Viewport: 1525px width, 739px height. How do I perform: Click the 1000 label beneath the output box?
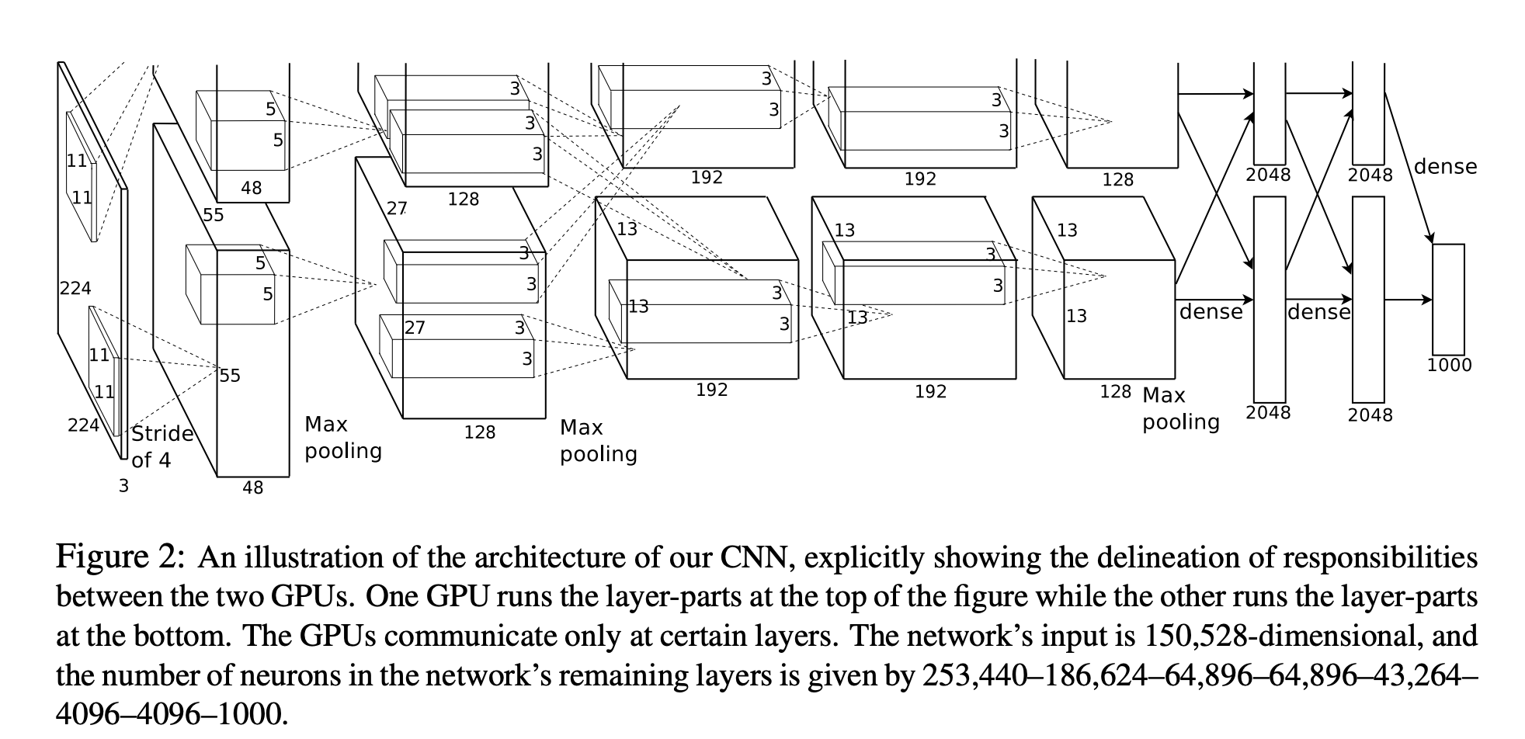coord(1449,365)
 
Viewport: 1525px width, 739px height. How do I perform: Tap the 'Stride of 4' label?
coord(162,446)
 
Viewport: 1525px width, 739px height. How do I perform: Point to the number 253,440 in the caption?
coord(971,675)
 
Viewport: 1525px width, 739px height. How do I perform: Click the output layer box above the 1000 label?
coord(1448,300)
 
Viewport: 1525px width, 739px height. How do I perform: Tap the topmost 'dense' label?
coord(1445,167)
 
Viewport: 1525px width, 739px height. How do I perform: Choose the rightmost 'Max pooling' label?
coord(1180,408)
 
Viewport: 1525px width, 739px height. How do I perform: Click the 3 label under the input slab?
coord(123,487)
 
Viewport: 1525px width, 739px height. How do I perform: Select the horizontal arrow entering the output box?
coord(1409,300)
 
